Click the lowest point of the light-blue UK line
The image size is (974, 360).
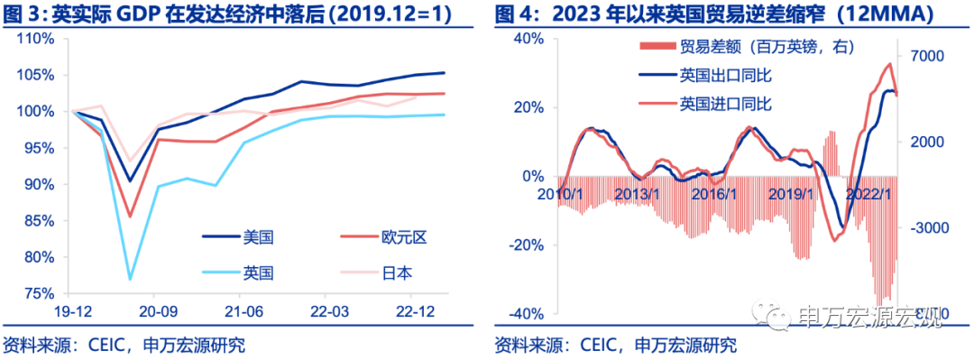click(x=131, y=279)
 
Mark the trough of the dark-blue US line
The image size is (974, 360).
click(x=131, y=180)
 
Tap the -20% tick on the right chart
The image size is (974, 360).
click(x=526, y=245)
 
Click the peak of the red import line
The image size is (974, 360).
click(x=889, y=64)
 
